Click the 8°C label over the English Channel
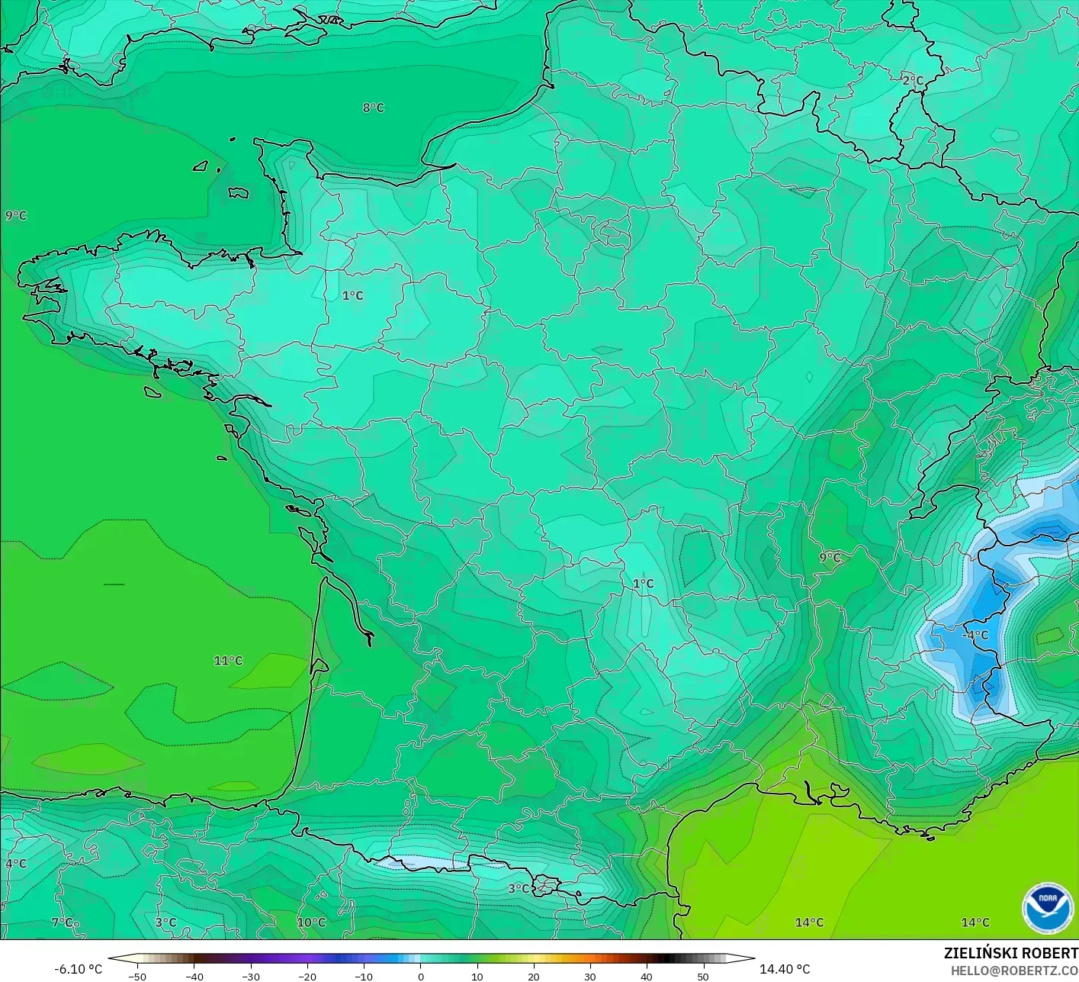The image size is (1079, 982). [374, 108]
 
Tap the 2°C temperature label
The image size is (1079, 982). [913, 81]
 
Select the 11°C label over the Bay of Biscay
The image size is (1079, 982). [228, 661]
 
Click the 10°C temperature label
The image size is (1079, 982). [311, 922]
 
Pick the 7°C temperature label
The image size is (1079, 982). [63, 922]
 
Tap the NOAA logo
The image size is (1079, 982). [1048, 907]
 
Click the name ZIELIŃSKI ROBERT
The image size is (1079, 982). [1010, 953]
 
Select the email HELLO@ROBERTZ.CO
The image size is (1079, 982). [1014, 970]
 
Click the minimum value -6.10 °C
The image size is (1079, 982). [78, 969]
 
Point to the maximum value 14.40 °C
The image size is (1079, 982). [785, 969]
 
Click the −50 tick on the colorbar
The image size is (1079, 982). [137, 976]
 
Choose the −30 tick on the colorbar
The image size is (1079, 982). [250, 976]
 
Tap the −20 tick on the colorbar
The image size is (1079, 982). [307, 976]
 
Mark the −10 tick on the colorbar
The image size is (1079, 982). [363, 976]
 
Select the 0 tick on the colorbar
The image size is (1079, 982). [420, 976]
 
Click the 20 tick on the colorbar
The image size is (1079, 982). [533, 976]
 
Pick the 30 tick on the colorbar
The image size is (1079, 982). [589, 976]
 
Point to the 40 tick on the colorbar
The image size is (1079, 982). [646, 976]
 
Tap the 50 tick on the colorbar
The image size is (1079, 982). [702, 976]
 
